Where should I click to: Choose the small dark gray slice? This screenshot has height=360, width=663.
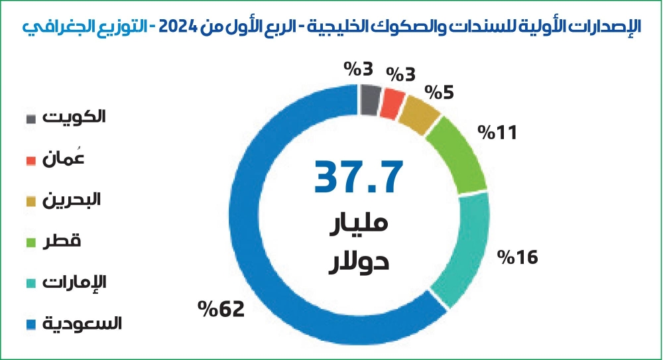[370, 98]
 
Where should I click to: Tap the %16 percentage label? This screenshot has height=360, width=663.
[517, 257]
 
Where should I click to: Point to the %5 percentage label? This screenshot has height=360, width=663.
[440, 91]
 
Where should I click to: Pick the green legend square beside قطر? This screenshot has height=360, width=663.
[31, 243]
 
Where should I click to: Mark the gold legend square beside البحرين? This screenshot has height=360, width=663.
[31, 202]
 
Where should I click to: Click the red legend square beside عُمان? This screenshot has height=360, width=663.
[31, 161]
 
